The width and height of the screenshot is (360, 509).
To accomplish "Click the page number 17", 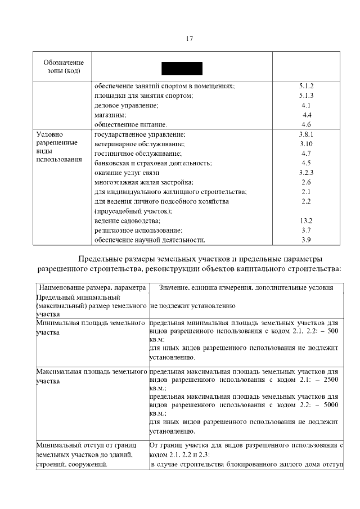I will (x=189, y=39).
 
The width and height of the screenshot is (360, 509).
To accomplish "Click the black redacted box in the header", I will (x=182, y=67).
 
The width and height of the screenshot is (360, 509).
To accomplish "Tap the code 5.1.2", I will (x=306, y=86).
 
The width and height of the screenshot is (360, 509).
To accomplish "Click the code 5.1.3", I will (x=306, y=96).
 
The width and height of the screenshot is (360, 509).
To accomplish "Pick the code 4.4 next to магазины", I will (x=307, y=115).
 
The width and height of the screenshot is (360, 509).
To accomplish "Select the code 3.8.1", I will (x=306, y=134).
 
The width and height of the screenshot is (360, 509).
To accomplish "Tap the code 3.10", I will (x=306, y=144).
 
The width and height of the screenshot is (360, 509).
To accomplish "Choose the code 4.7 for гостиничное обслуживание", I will (x=306, y=154).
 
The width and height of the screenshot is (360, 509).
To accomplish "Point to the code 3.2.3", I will (x=306, y=173).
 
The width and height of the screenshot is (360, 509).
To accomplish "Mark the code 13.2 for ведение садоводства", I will (x=306, y=220).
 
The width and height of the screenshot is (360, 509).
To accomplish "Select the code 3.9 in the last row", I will (x=306, y=240).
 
